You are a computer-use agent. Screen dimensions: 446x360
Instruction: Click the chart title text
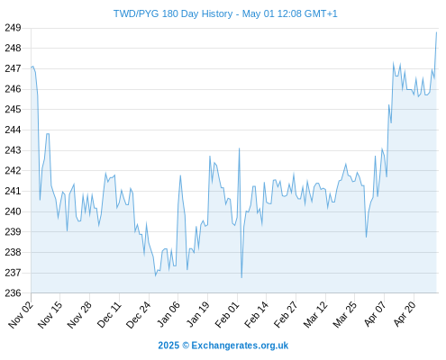coord(225,13)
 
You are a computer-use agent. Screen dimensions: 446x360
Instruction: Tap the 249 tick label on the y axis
coord(13,28)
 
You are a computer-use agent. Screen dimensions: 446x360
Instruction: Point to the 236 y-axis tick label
coord(13,292)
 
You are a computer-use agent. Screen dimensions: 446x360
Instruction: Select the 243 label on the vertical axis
coord(13,150)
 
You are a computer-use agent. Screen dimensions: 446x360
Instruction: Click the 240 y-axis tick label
coord(13,211)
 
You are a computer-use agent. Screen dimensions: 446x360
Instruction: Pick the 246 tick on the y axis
coord(13,89)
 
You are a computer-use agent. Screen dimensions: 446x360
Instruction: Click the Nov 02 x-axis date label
coord(21,314)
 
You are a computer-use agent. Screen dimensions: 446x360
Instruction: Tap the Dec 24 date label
coord(138,314)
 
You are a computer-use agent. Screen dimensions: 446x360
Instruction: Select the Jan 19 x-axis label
coord(197,314)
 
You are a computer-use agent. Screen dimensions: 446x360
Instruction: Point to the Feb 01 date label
coord(227,314)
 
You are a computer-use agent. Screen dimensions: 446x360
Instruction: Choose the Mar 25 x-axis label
coord(344,314)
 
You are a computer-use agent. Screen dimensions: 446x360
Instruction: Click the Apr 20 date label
coord(404,314)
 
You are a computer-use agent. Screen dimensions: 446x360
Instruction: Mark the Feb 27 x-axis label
coord(286,314)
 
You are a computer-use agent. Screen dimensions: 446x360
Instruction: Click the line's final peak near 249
coord(436,32)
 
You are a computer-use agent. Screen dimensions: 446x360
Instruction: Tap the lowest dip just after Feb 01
coord(241,277)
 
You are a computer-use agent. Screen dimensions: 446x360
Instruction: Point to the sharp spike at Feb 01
coord(239,148)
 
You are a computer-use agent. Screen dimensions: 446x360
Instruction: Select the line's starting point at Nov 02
coord(31,67)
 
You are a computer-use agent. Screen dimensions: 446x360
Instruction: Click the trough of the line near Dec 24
coord(156,275)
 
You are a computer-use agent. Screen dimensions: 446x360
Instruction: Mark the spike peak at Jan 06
coord(180,175)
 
